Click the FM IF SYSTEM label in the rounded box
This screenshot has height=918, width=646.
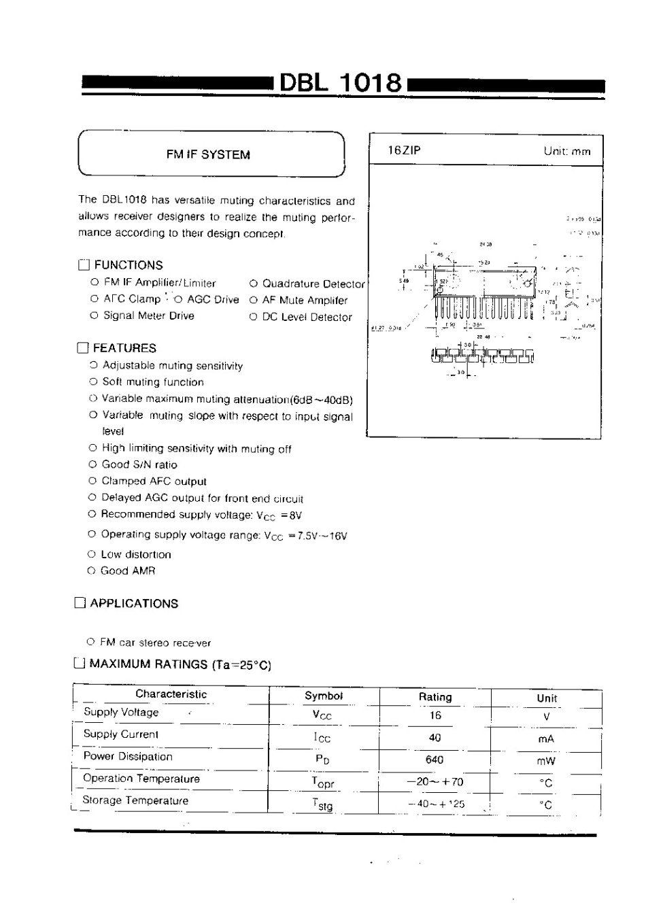tap(208, 154)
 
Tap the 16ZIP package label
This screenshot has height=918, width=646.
tap(404, 150)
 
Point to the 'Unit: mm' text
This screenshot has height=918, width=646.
tap(567, 151)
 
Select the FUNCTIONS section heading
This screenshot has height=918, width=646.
tap(129, 265)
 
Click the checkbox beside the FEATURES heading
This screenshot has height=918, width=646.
tap(83, 348)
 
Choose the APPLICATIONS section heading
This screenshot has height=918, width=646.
tap(134, 603)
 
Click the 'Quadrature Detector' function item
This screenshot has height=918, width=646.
tap(313, 284)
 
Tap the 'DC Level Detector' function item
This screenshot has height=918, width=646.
tap(307, 317)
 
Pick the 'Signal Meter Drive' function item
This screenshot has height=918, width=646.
tap(148, 316)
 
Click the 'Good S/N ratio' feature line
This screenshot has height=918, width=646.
tap(139, 464)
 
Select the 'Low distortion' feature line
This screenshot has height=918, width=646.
tap(136, 554)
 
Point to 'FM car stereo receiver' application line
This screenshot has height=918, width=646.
tap(155, 642)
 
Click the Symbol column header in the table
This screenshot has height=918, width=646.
tap(324, 696)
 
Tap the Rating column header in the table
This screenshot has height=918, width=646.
tap(435, 696)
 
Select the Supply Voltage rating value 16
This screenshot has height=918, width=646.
tap(435, 715)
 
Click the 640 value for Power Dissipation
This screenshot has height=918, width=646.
tap(435, 760)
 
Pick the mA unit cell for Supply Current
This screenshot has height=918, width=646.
tap(546, 738)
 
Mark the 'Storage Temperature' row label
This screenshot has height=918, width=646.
tap(135, 800)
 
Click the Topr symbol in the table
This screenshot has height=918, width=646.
tap(323, 782)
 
